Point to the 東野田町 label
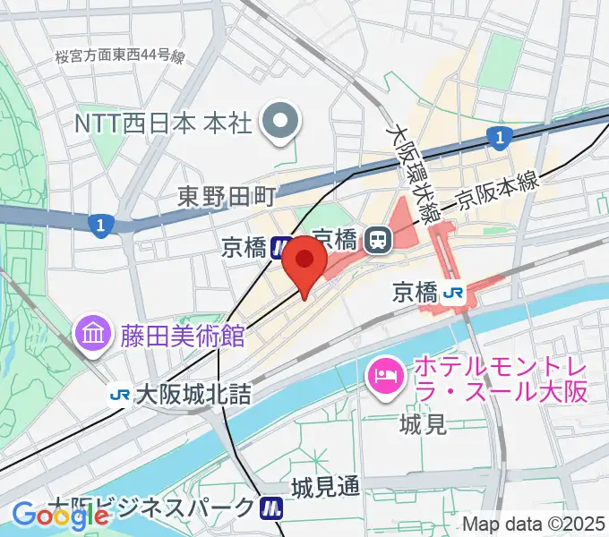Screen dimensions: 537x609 227,194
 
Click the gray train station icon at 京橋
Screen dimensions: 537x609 378,239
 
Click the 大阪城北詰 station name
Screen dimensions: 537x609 193,394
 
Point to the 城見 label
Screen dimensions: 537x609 423,424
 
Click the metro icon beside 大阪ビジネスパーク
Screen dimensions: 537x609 271,508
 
